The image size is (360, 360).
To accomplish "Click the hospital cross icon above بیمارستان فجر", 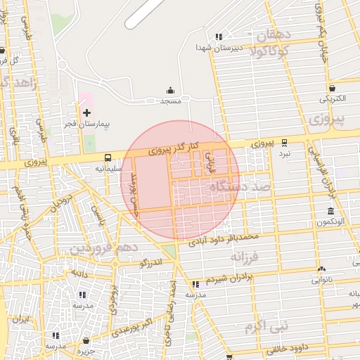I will [86, 112].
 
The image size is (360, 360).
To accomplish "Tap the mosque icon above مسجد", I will [170, 91].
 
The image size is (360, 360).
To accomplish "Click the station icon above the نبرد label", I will [284, 141].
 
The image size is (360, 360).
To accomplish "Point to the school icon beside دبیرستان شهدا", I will [219, 37].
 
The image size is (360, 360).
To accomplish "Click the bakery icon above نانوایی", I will [321, 269].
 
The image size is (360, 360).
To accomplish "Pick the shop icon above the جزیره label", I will [86, 340].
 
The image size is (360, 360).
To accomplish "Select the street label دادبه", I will [79, 273].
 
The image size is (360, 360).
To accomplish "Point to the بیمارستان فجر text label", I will [95, 124].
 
